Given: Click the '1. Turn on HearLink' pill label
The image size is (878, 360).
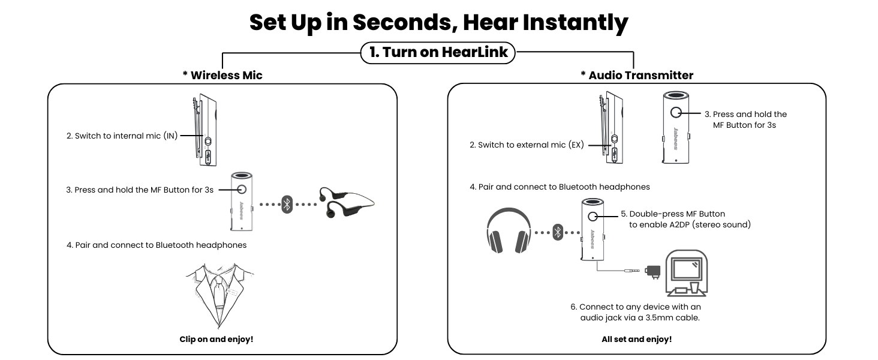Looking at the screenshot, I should click(x=438, y=52).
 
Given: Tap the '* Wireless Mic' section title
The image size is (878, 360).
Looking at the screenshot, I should click(x=222, y=75).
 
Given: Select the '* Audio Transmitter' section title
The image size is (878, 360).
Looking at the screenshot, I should click(x=637, y=75).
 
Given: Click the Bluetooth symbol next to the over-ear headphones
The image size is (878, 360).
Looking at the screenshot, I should click(x=558, y=232).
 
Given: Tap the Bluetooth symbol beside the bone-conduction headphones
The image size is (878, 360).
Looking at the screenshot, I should click(x=287, y=204).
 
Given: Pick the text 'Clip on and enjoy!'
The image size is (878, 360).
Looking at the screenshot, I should click(x=217, y=339).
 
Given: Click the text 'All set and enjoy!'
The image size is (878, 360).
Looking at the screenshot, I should click(x=636, y=339).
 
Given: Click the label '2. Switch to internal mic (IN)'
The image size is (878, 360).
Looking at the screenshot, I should click(x=122, y=136).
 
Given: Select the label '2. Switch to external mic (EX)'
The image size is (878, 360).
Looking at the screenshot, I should click(x=527, y=145).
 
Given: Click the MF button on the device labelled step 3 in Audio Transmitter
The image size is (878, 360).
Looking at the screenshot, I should click(x=676, y=112).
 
